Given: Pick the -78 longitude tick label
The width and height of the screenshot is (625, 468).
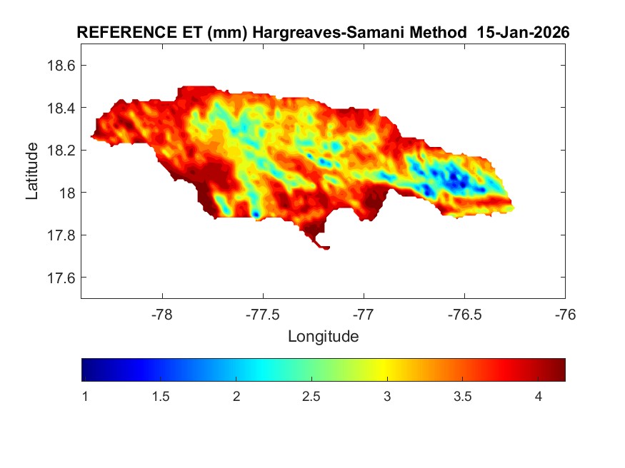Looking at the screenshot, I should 162,315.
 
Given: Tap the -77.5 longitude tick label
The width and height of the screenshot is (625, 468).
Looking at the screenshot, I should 263,315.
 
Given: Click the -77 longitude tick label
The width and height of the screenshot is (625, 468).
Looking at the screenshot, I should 364,315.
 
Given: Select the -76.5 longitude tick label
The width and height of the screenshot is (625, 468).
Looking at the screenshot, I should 464,315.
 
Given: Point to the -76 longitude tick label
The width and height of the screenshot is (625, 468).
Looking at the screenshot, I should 566,315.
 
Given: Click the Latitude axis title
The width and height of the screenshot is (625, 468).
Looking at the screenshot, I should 32,171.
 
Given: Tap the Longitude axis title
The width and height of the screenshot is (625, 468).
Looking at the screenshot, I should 323,336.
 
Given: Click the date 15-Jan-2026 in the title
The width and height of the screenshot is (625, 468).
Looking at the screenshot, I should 528,33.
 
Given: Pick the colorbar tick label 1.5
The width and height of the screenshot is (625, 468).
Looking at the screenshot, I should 161,397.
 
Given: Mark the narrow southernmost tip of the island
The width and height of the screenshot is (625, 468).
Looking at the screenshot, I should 326,248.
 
